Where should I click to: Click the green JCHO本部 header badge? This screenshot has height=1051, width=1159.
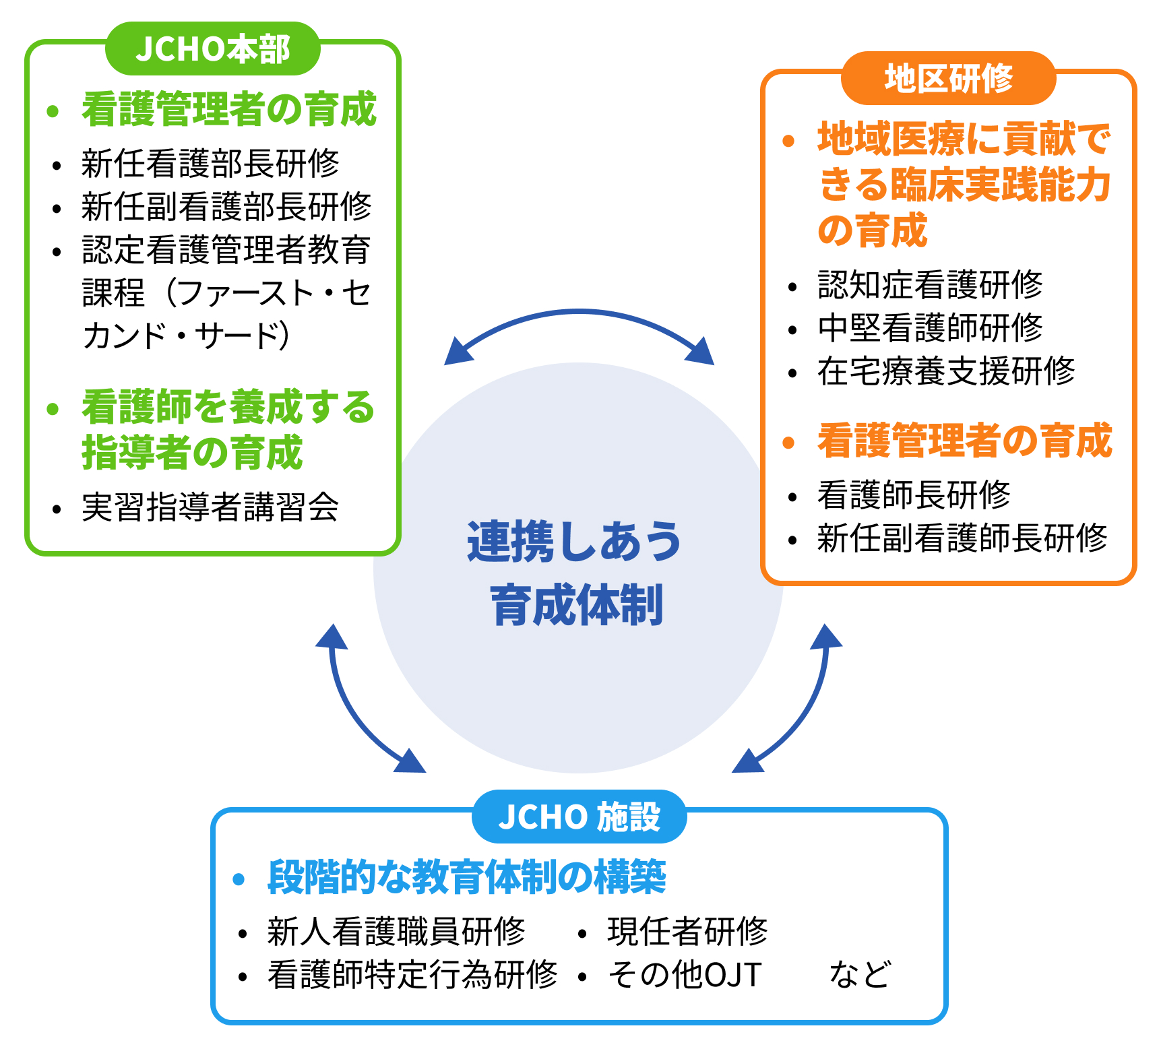coord(212,49)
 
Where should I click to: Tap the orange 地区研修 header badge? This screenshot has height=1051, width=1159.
coord(948,78)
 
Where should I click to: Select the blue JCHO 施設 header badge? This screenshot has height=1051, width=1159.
coord(579,817)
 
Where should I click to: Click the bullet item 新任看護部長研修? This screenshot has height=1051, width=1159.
coord(210,164)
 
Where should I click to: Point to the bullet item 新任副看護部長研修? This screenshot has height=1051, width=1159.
coord(226,207)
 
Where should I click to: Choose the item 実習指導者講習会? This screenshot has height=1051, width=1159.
coord(210,507)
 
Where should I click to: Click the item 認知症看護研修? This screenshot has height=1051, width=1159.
coord(930,285)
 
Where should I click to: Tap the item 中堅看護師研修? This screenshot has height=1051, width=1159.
coord(930,328)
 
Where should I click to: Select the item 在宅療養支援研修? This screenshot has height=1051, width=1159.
coord(946,371)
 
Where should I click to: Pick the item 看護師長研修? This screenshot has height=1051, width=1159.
coord(914,495)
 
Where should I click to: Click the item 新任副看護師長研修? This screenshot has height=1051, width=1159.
coord(962,538)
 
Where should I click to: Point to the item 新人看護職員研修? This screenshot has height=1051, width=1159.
coord(396,932)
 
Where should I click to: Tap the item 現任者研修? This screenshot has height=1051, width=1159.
coord(687,932)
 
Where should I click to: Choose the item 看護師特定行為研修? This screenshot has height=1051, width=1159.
coord(412,975)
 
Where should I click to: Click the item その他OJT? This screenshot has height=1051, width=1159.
coord(685,975)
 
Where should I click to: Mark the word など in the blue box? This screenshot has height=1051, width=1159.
coord(860,975)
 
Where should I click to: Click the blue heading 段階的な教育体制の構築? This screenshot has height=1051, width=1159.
coord(466,877)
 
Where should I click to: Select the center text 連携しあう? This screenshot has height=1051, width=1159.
coord(575,542)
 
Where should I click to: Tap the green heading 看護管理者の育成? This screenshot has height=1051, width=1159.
coord(229,109)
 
